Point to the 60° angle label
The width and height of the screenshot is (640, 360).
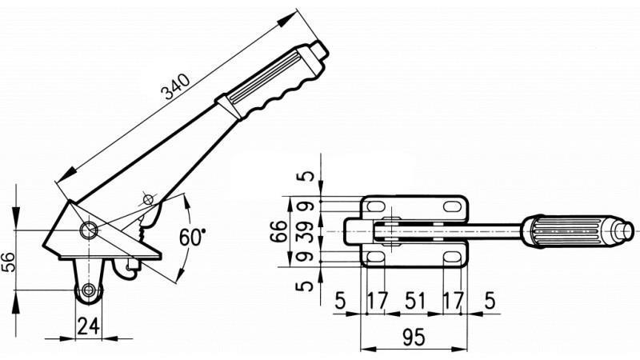pyautogui.click(x=192, y=238)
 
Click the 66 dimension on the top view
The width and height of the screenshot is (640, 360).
pyautogui.click(x=277, y=232)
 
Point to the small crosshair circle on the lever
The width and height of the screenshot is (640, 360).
pyautogui.click(x=147, y=198)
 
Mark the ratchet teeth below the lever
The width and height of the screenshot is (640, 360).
pyautogui.click(x=142, y=231)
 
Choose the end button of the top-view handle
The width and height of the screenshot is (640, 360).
pyautogui.click(x=623, y=230)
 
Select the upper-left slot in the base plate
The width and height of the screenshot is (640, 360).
pyautogui.click(x=374, y=206)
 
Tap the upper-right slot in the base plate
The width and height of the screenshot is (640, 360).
pyautogui.click(x=452, y=206)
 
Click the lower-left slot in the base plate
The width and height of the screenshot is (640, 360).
pyautogui.click(x=374, y=256)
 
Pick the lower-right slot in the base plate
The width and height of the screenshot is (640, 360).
pyautogui.click(x=452, y=256)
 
